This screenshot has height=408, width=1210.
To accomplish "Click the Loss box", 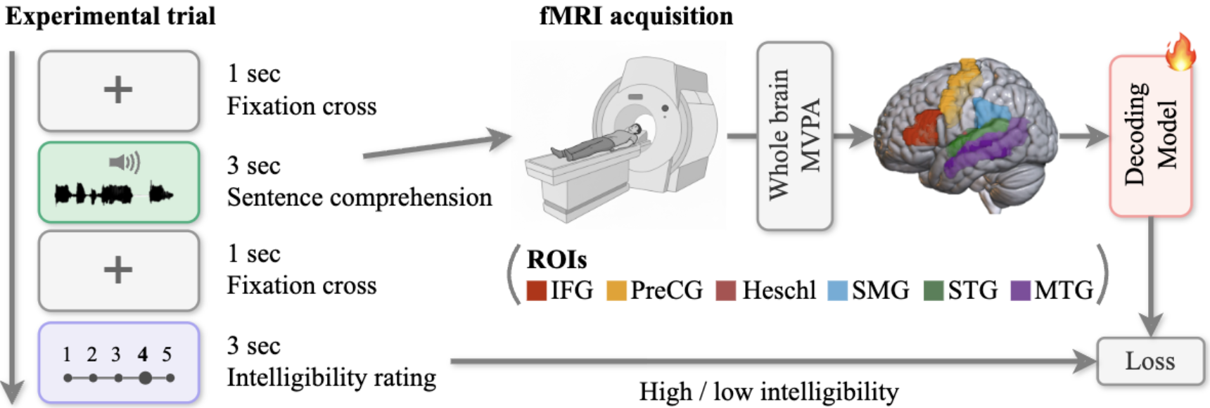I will pyautogui.click(x=1150, y=361).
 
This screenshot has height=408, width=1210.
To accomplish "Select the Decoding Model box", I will pyautogui.click(x=1150, y=135).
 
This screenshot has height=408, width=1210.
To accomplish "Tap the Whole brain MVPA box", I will pyautogui.click(x=795, y=135).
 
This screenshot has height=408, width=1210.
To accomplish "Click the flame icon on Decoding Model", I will pyautogui.click(x=1180, y=53).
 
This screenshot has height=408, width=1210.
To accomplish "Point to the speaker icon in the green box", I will pyautogui.click(x=125, y=162).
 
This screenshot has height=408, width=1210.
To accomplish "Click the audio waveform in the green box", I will pyautogui.click(x=113, y=193).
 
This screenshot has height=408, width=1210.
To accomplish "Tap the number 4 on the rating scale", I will pyautogui.click(x=143, y=354).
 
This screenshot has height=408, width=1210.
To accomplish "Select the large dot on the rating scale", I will pyautogui.click(x=145, y=378).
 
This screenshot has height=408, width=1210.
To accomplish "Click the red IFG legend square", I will pyautogui.click(x=537, y=291).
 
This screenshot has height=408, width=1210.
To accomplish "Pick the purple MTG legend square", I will pyautogui.click(x=1020, y=291).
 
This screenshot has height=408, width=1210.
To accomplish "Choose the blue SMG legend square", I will pyautogui.click(x=837, y=291).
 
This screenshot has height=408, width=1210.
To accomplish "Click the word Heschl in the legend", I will pyautogui.click(x=779, y=291).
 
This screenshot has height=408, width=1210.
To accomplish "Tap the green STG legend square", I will pyautogui.click(x=933, y=291).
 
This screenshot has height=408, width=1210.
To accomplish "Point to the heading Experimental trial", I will pyautogui.click(x=110, y=15).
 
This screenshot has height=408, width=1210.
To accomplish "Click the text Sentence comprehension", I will pyautogui.click(x=359, y=198).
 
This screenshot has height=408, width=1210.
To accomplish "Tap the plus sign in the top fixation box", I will pyautogui.click(x=118, y=89).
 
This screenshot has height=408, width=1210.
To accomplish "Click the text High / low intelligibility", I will pyautogui.click(x=768, y=392).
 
